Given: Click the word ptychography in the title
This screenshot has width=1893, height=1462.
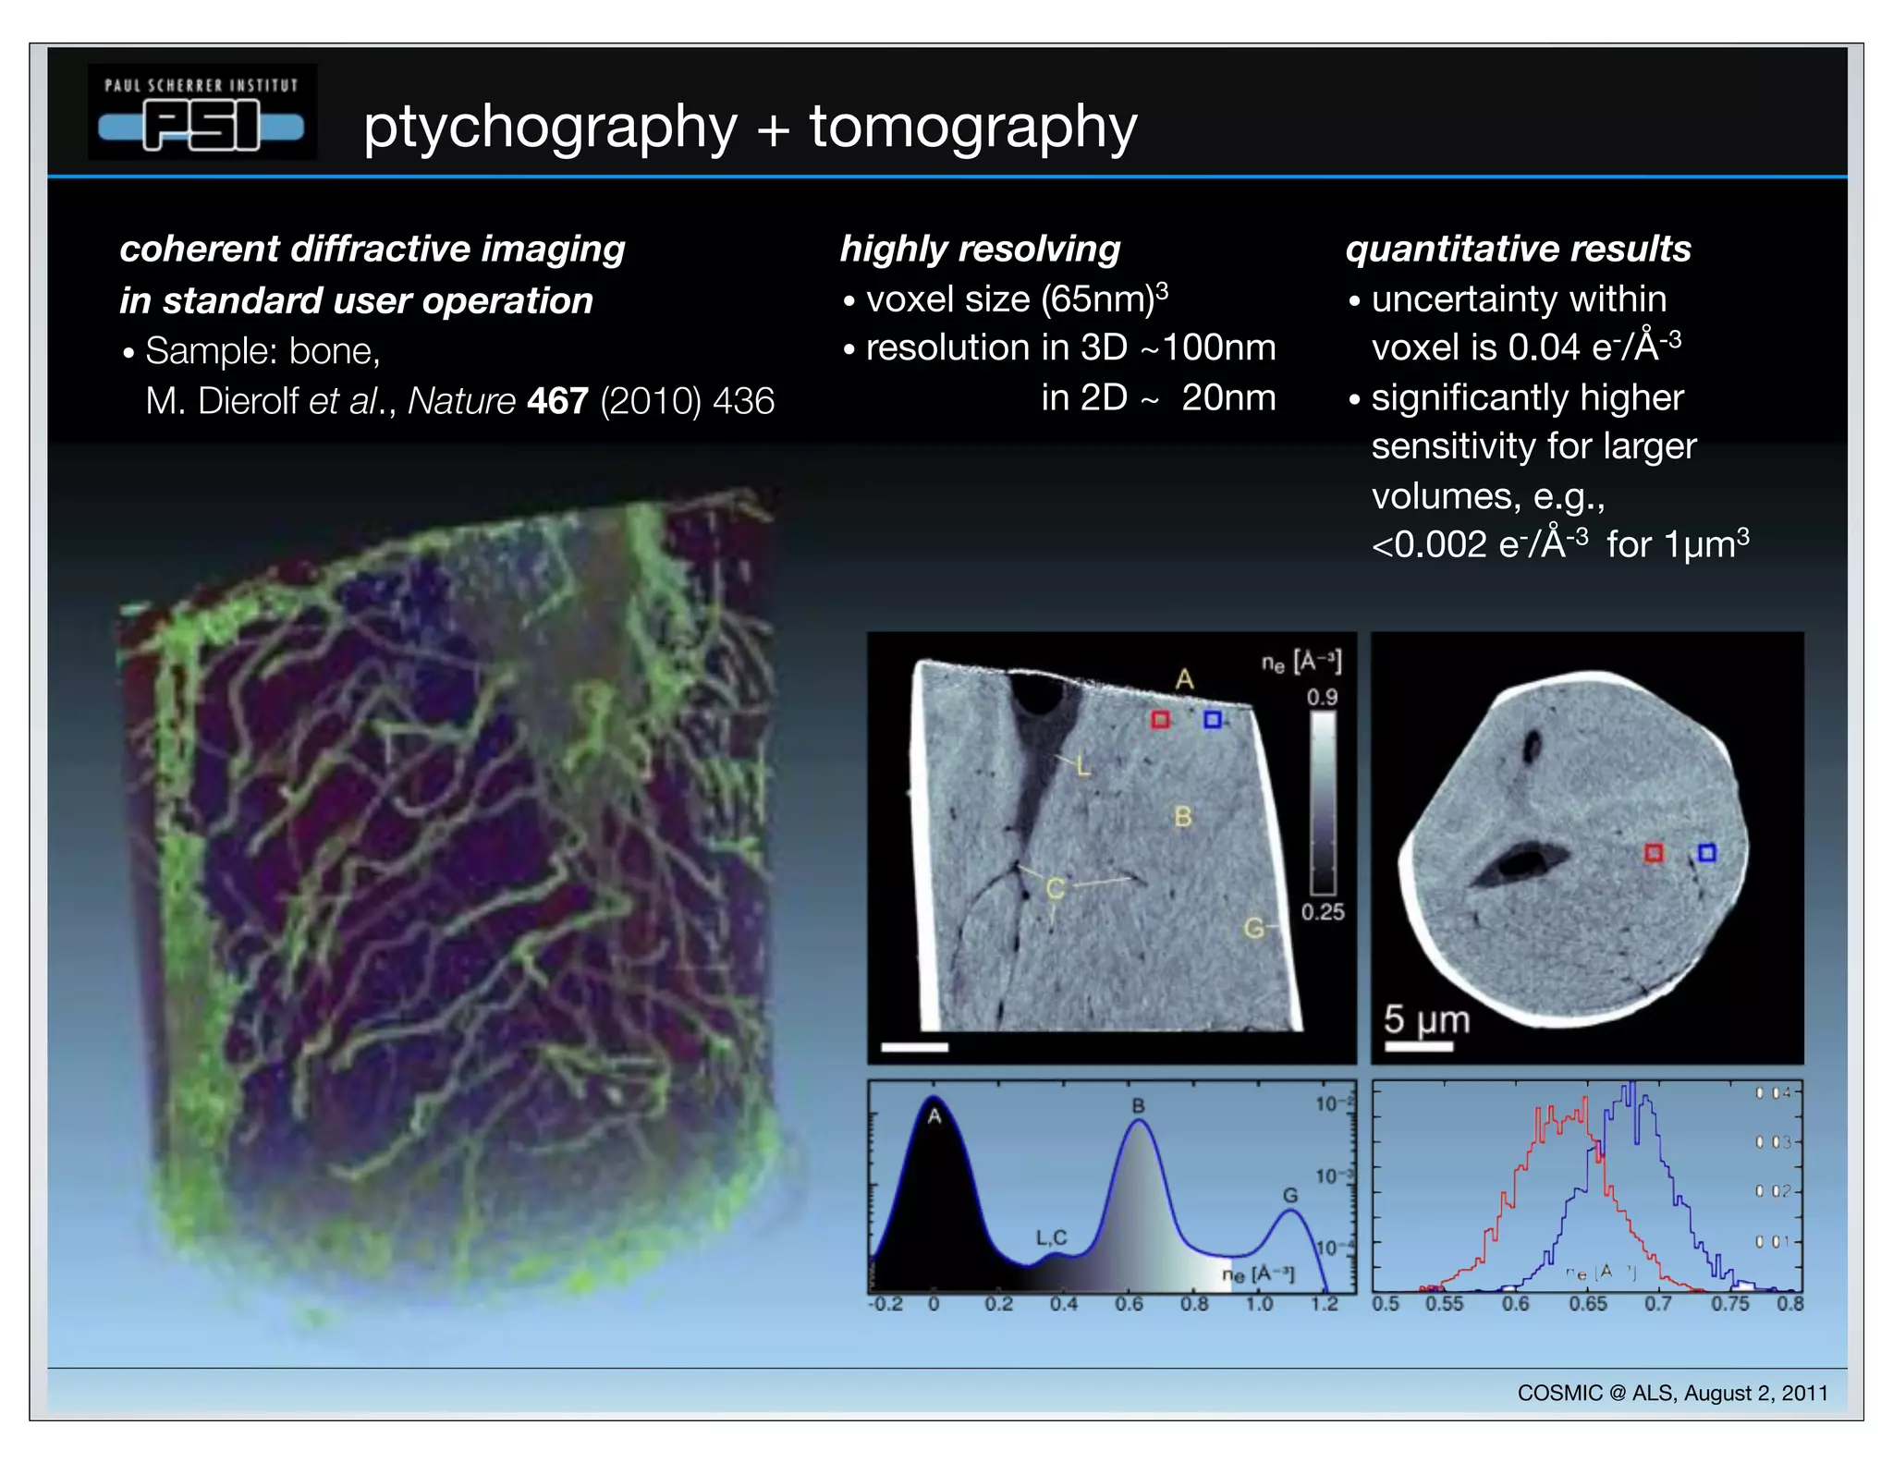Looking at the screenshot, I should click(x=550, y=127).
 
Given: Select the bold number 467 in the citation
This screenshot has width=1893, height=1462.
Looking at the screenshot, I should click(x=557, y=401).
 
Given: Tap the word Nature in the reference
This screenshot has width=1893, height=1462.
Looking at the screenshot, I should click(x=461, y=401).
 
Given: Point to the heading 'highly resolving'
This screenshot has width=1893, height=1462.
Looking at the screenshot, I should click(x=980, y=249).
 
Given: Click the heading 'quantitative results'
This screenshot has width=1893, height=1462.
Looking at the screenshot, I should click(x=1518, y=249).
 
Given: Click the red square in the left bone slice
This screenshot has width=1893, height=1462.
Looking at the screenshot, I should click(x=1160, y=719).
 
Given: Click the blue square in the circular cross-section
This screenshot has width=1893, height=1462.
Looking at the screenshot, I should click(x=1706, y=852).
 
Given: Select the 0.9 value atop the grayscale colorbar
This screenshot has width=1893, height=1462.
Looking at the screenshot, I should click(x=1322, y=697).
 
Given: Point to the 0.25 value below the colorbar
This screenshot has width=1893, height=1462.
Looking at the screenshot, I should click(x=1323, y=912).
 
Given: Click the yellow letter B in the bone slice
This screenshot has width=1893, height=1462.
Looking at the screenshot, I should click(x=1183, y=817).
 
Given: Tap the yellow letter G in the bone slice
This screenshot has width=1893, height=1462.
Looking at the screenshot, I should click(x=1253, y=928).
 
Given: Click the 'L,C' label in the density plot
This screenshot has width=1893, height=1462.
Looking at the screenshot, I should click(x=1051, y=1237).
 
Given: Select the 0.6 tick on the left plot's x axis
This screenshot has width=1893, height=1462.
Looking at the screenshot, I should click(x=1129, y=1304).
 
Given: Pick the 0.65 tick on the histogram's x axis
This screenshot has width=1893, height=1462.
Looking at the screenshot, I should click(x=1587, y=1304).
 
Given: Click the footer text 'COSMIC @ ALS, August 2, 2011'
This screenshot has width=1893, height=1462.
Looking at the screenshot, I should click(x=1672, y=1393).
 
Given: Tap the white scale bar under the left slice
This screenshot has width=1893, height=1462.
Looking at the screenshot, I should click(x=914, y=1047).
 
